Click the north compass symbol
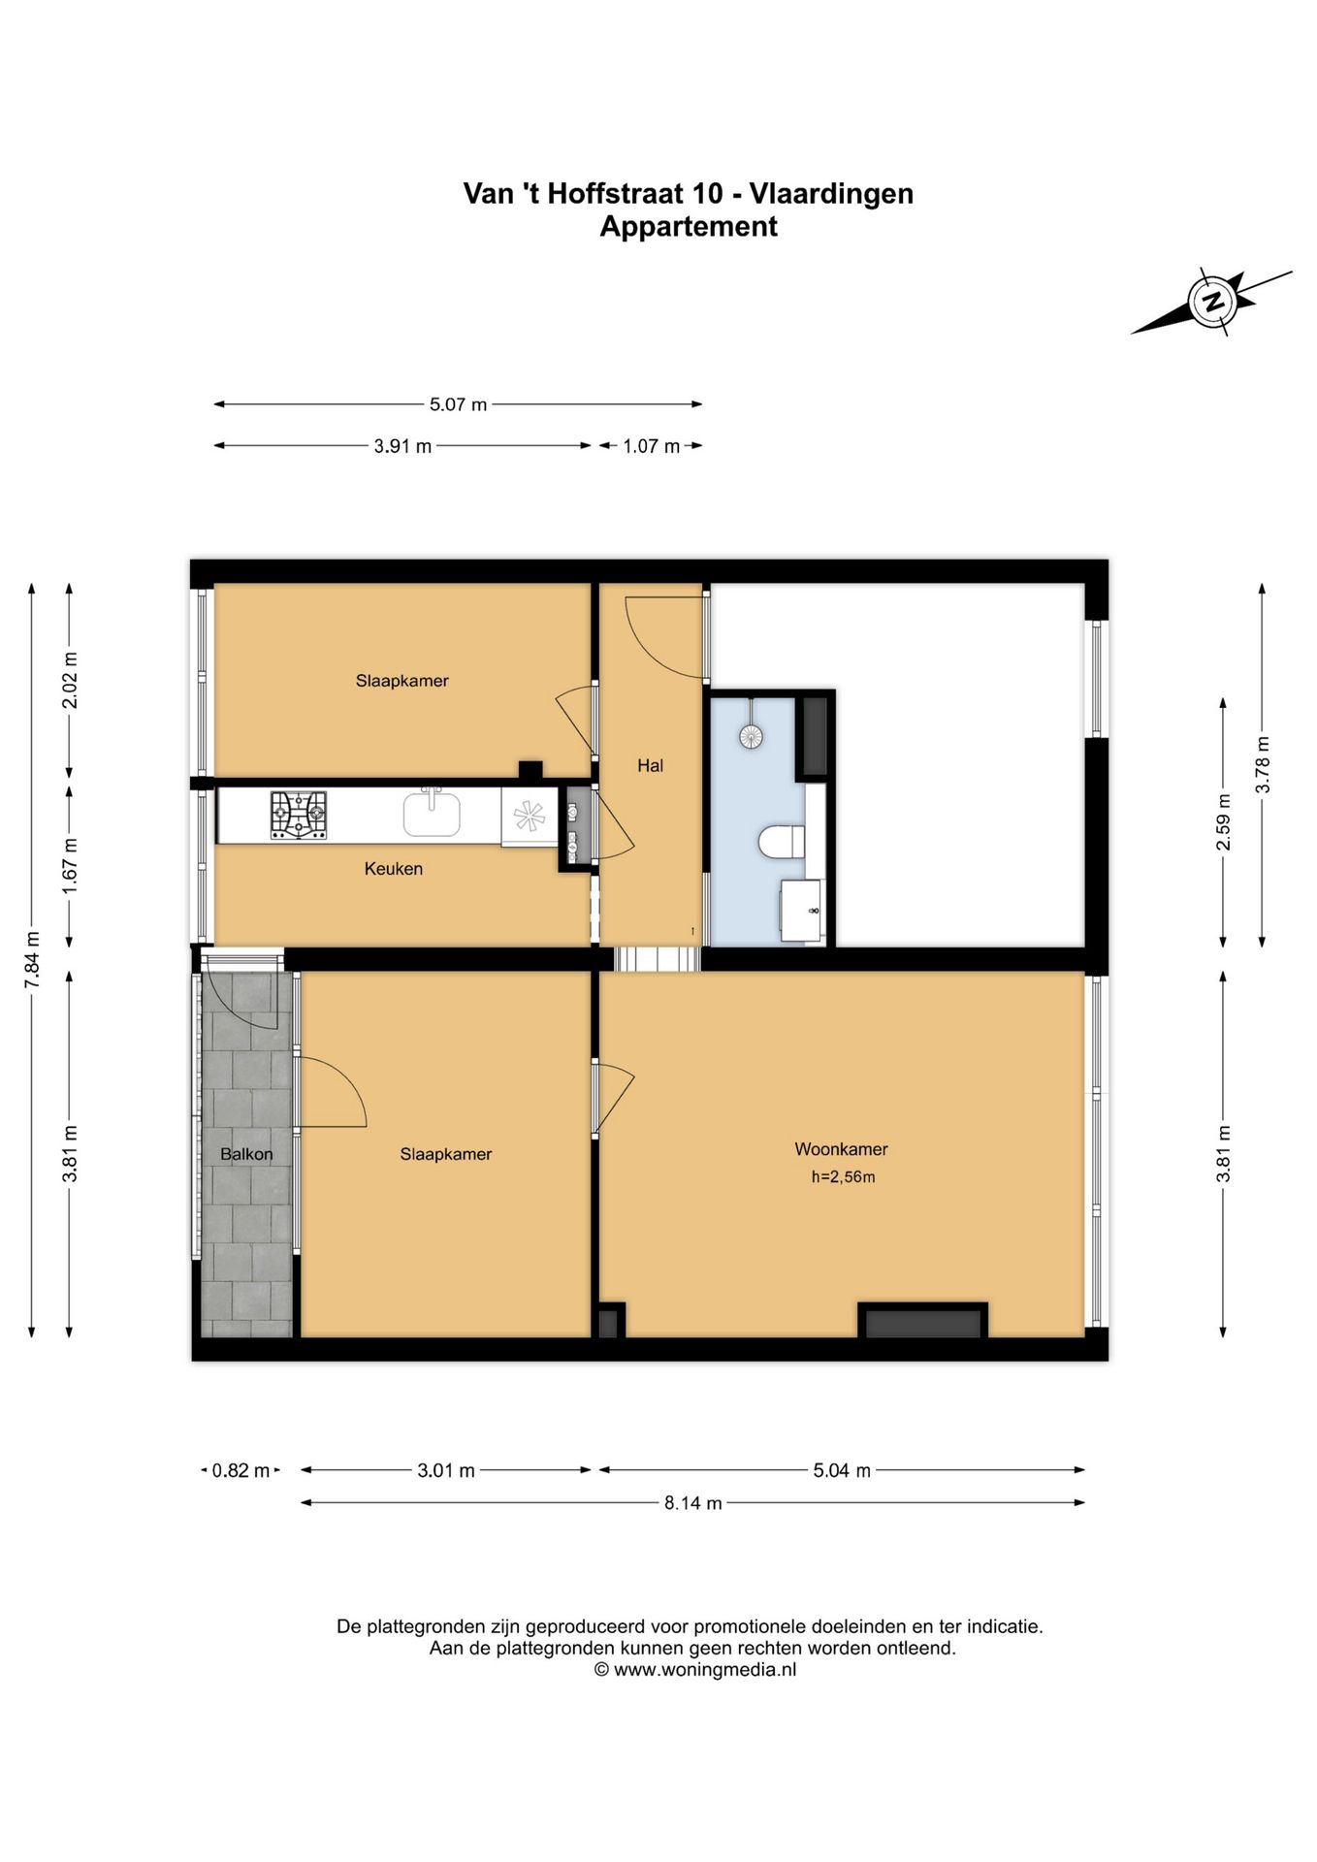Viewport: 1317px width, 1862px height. tap(1211, 302)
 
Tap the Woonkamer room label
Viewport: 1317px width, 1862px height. tap(841, 1149)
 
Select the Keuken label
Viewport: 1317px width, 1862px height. tap(393, 869)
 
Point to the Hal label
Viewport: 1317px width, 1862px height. tap(650, 765)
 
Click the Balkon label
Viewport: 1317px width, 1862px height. tap(246, 1154)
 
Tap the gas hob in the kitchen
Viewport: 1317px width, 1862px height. tap(298, 815)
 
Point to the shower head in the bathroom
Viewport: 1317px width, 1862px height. tap(751, 736)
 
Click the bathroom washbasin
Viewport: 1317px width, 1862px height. tap(802, 911)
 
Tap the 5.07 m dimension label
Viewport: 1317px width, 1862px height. tap(458, 404)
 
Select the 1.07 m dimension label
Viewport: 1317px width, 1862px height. tap(651, 446)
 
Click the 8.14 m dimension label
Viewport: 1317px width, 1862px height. tap(692, 1503)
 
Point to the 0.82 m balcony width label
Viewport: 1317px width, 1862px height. tap(241, 1470)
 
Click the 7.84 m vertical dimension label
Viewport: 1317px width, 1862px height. tap(32, 960)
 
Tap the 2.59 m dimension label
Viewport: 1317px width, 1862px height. tap(1224, 821)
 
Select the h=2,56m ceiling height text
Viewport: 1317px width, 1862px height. tap(843, 1177)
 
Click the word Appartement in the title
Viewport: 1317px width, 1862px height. tap(689, 226)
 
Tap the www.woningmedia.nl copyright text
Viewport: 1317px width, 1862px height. tap(695, 1670)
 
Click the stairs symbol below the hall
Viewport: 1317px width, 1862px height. tap(658, 958)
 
